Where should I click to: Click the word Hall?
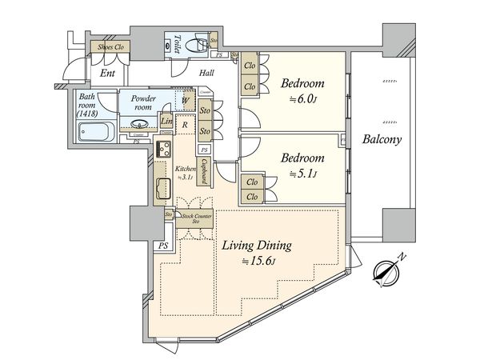pos(206,73)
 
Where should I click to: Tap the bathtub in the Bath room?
pos(94,133)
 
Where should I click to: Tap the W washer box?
pos(185,101)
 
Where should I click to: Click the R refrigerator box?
pos(185,126)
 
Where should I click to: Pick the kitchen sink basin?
pos(161,190)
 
